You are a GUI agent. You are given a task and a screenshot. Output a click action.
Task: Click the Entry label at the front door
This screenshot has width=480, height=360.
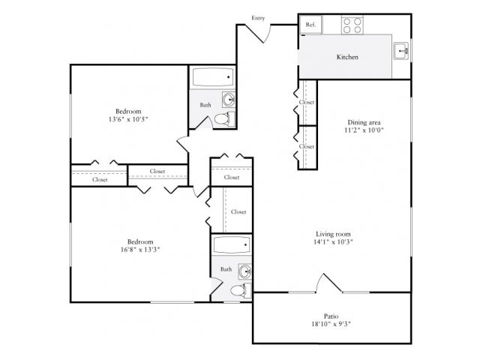tap(259, 17)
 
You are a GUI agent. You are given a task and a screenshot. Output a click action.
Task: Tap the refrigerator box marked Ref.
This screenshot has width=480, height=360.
tap(310, 25)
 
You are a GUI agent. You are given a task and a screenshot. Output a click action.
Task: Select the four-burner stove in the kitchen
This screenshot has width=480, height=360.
tap(352, 25)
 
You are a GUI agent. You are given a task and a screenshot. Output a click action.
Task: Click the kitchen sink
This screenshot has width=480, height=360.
tap(402, 51)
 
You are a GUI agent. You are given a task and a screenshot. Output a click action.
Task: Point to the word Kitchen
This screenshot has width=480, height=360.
tap(346, 57)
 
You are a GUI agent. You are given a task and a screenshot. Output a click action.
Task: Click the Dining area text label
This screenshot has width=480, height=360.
tap(363, 122)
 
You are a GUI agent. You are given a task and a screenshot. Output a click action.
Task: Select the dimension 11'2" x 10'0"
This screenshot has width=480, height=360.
tap(363, 130)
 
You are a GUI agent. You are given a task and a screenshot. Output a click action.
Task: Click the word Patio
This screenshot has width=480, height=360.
tap(331, 316)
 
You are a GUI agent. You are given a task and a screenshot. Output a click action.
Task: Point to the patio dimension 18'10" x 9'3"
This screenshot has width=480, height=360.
tap(331, 325)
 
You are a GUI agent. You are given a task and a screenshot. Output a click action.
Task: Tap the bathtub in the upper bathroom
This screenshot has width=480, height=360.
tap(212, 78)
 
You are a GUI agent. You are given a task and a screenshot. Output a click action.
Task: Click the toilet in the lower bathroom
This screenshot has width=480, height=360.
tap(241, 290)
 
